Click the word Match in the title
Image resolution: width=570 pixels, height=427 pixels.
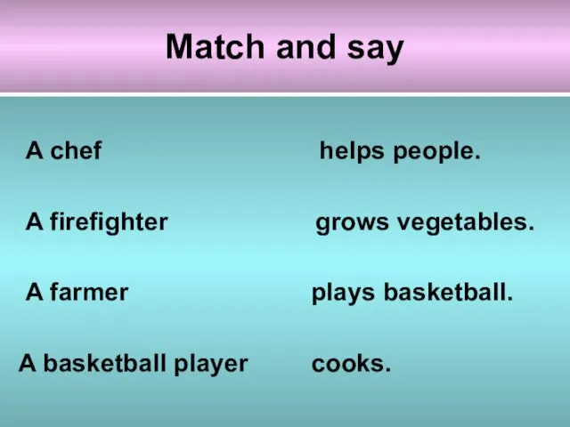pos(215,46)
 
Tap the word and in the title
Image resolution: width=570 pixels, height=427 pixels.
pos(305,46)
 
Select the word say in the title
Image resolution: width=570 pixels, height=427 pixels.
pos(376,50)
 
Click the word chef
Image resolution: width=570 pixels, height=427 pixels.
pos(76,150)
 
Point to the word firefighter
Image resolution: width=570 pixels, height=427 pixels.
pos(109,222)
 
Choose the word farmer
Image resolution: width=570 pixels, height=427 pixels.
pos(89,292)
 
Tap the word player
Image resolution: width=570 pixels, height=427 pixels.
pos(211,364)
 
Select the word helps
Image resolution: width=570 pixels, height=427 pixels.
pos(352,151)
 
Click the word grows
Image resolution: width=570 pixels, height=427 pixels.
pos(352,223)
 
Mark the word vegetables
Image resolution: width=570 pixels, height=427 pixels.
pos(465,222)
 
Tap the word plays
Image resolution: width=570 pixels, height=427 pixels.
pos(343,293)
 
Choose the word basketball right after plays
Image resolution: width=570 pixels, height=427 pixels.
pos(448,292)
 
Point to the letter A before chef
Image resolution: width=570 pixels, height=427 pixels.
pos(35,150)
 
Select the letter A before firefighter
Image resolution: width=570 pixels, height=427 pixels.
pos(35,222)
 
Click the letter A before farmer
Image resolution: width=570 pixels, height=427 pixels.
pos(35,292)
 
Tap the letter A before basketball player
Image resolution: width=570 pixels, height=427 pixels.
pos(28,363)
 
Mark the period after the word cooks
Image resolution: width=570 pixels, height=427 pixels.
pos(388,370)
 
